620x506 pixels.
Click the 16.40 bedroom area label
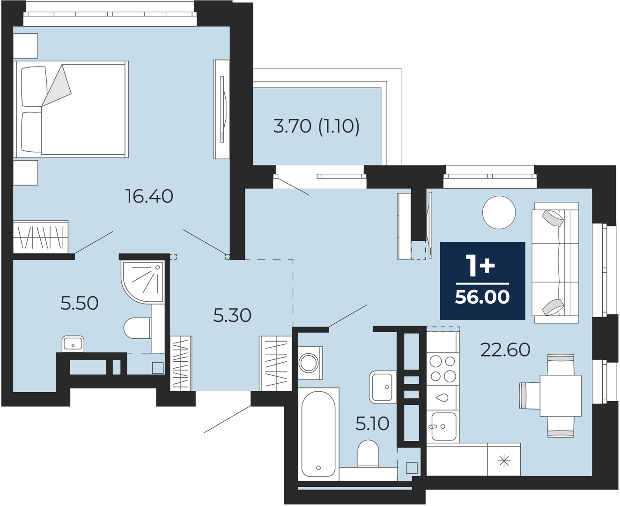(149, 196)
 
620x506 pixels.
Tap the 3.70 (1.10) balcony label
(316, 126)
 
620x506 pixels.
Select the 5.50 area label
(80, 303)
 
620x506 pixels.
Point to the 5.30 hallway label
(232, 315)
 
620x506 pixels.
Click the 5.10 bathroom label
(372, 424)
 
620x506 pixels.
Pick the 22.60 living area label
(505, 350)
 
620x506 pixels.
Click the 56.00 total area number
(482, 297)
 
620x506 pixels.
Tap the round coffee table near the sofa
(499, 212)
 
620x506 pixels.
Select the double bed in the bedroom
(71, 110)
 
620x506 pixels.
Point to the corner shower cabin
(142, 282)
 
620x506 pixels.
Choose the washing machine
(310, 363)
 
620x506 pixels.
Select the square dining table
(561, 396)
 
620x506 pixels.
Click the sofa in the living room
(555, 263)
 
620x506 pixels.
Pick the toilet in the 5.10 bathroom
(368, 454)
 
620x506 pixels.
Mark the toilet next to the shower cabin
(137, 328)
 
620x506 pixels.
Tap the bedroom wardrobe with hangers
(41, 237)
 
